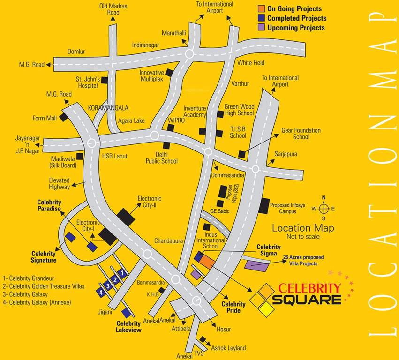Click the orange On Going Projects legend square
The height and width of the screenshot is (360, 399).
(x=261, y=9)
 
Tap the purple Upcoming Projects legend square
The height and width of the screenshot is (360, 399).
(x=261, y=28)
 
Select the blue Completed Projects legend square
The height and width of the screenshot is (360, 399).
(x=261, y=18)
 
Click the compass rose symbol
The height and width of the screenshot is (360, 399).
(x=324, y=209)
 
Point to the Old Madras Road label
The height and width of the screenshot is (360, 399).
(x=113, y=9)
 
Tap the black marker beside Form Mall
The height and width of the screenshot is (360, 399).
(x=63, y=117)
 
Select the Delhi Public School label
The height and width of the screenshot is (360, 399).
(x=160, y=157)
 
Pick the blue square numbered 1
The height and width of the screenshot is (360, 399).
(x=121, y=272)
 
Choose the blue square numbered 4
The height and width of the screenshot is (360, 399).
(x=100, y=292)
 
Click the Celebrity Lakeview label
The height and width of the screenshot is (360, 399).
(x=129, y=327)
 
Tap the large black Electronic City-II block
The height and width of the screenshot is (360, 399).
(x=126, y=217)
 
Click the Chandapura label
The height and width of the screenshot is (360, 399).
(x=168, y=241)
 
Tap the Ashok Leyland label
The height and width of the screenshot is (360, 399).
(x=228, y=348)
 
